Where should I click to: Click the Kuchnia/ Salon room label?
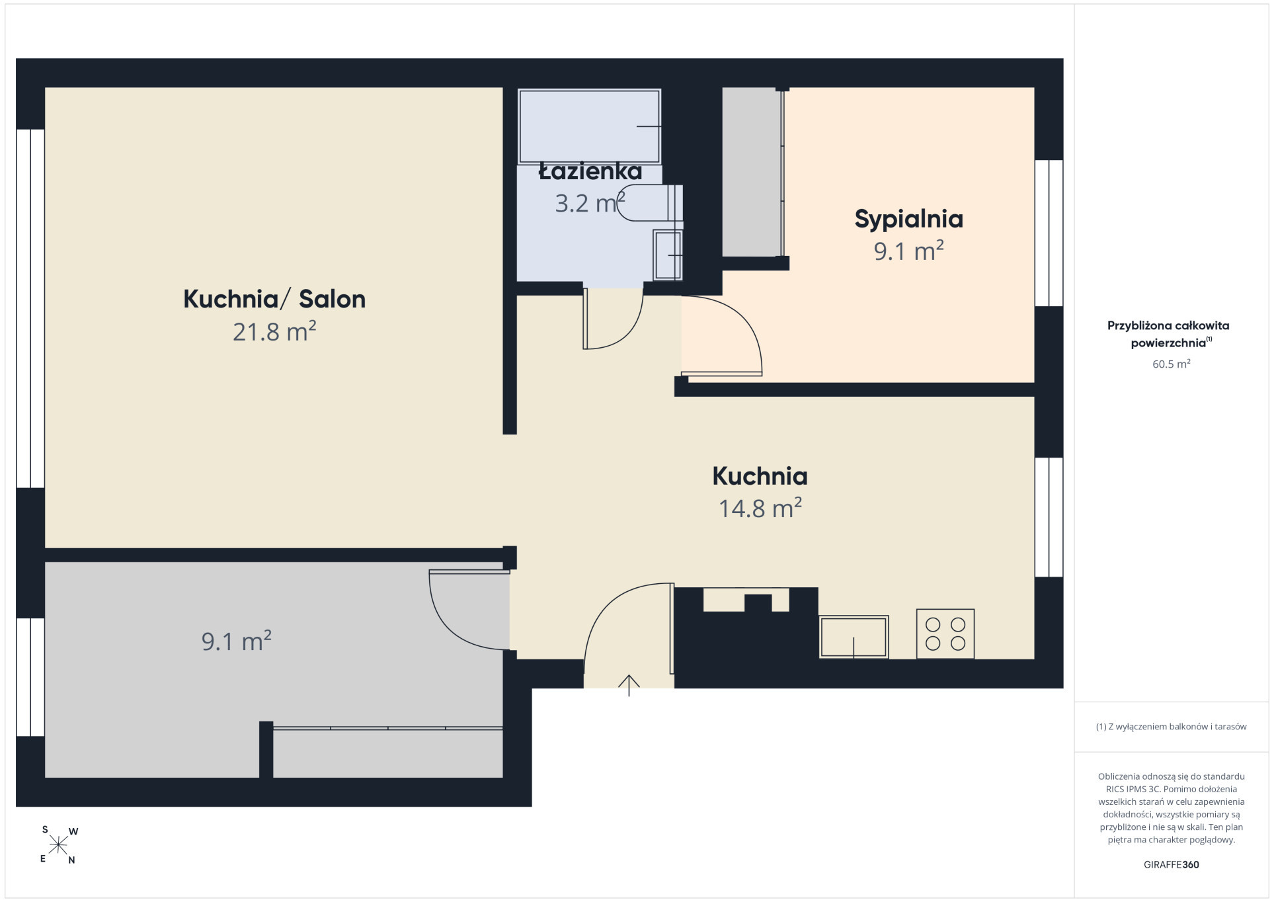pyautogui.click(x=274, y=300)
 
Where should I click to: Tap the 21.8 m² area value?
pyautogui.click(x=274, y=331)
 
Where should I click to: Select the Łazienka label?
pyautogui.click(x=590, y=172)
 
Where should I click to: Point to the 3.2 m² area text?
pyautogui.click(x=590, y=203)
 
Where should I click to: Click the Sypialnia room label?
pyautogui.click(x=908, y=220)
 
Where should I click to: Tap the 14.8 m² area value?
pyautogui.click(x=760, y=508)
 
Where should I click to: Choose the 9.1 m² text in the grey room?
pyautogui.click(x=237, y=641)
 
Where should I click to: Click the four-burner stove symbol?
pyautogui.click(x=945, y=634)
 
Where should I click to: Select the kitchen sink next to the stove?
pyautogui.click(x=854, y=637)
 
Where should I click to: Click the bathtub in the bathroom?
pyautogui.click(x=590, y=126)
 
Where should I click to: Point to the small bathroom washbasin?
pyautogui.click(x=668, y=255)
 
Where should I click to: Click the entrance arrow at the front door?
pyautogui.click(x=629, y=686)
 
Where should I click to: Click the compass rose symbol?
pyautogui.click(x=58, y=845)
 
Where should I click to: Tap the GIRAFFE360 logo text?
pyautogui.click(x=1171, y=864)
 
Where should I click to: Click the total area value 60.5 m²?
pyautogui.click(x=1172, y=364)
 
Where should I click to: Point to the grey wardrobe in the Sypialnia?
pyautogui.click(x=752, y=172)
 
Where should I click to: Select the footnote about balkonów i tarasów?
pyautogui.click(x=1171, y=727)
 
